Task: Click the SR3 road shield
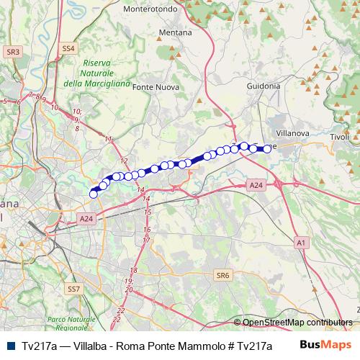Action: [x=12, y=52]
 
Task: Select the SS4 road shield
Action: [x=68, y=48]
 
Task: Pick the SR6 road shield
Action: [x=223, y=275]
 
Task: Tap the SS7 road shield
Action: [x=73, y=288]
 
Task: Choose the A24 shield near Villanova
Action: [x=256, y=185]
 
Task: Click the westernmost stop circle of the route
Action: [x=93, y=194]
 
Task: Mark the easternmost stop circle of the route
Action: [x=268, y=148]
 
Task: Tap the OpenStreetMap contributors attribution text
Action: [x=297, y=323]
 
